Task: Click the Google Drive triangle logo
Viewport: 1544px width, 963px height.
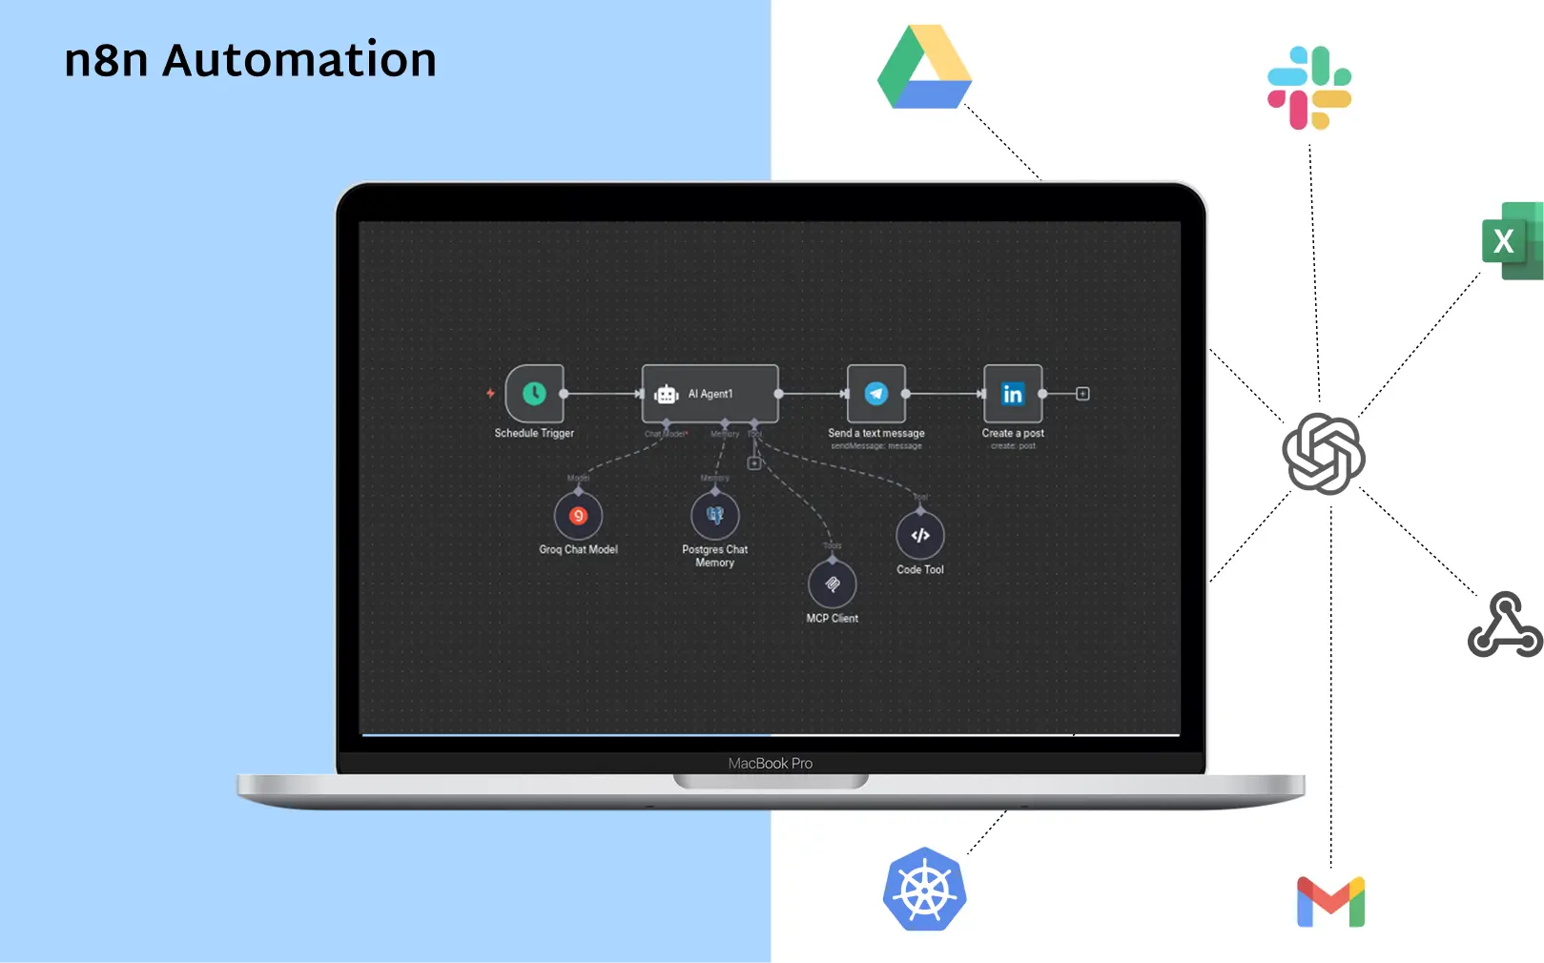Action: tap(924, 69)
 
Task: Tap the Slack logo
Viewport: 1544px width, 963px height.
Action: tap(1309, 88)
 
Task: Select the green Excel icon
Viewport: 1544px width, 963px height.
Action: tap(1513, 240)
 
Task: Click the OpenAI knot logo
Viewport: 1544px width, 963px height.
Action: tap(1324, 454)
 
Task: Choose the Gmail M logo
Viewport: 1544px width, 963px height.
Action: tap(1330, 902)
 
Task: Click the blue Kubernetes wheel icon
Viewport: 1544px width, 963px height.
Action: tap(924, 890)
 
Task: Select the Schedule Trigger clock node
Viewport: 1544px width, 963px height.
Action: tap(534, 393)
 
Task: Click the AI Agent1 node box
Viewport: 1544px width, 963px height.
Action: tap(710, 393)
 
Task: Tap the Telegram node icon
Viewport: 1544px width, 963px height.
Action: tap(876, 393)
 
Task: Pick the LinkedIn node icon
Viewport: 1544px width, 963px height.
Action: tap(1013, 393)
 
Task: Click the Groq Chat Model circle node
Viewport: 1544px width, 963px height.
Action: tap(578, 516)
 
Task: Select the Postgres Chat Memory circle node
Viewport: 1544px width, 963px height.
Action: tap(715, 516)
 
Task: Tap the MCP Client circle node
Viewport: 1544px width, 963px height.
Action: tap(833, 584)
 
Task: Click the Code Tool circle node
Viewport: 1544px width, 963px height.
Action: tap(920, 535)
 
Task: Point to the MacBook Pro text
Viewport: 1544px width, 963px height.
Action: tap(771, 764)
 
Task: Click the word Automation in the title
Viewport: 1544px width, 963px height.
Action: tap(299, 60)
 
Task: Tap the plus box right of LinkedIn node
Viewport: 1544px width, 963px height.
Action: tap(1082, 394)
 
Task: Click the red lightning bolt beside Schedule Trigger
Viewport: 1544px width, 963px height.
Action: tap(490, 393)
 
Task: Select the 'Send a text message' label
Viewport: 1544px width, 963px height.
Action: tap(876, 433)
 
